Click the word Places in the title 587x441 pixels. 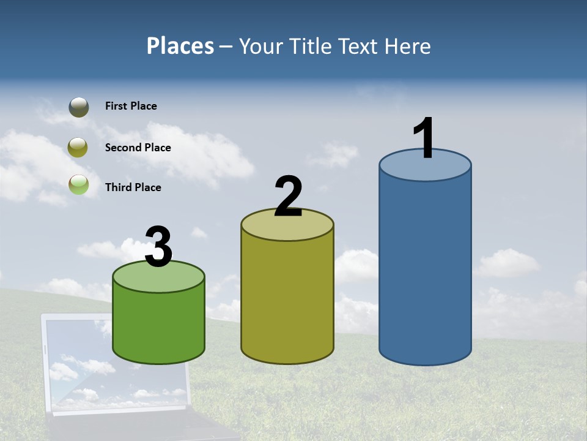coord(180,46)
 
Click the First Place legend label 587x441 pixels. coord(131,106)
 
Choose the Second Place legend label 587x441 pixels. coord(138,148)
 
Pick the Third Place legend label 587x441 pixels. coord(133,187)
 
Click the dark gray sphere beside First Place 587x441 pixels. coord(79,107)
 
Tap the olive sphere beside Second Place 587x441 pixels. coord(78,147)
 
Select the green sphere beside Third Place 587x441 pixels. coord(79,184)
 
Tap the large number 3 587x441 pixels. coord(158,247)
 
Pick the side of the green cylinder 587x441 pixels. coord(159,325)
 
